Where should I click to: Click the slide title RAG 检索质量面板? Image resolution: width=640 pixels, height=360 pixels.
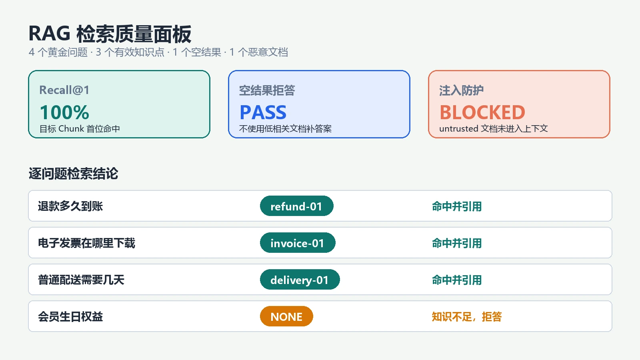point(110,34)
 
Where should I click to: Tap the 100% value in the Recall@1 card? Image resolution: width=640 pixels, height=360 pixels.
point(64,112)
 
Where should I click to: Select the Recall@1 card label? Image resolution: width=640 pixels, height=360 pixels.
point(64,90)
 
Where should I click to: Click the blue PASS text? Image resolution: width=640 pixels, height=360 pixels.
point(263,112)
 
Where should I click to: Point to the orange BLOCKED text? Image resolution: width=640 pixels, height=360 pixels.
point(482,112)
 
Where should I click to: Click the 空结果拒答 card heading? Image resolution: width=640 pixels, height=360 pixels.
point(267,90)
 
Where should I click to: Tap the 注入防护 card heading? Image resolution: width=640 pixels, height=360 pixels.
point(462,90)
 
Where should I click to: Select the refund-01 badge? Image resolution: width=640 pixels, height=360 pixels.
point(296,206)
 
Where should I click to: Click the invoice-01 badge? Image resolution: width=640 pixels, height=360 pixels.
point(298,243)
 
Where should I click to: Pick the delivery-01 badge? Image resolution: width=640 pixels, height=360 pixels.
point(300,280)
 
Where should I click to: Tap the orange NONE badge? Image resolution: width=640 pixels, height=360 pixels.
point(286,316)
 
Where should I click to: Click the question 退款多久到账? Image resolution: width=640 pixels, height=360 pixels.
point(70,206)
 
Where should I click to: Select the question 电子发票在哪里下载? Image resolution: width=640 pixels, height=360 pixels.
point(86,243)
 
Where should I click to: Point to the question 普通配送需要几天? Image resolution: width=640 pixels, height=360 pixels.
point(81,280)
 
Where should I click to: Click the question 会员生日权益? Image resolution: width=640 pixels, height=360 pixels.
point(70,316)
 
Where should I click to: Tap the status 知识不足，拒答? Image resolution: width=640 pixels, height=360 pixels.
point(466,316)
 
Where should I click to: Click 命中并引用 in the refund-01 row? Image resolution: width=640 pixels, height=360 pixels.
point(456,206)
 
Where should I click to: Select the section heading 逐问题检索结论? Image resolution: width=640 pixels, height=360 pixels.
point(73,174)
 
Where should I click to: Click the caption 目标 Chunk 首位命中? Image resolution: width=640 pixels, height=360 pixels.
point(80,129)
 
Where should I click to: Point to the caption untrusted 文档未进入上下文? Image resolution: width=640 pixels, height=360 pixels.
point(494,129)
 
